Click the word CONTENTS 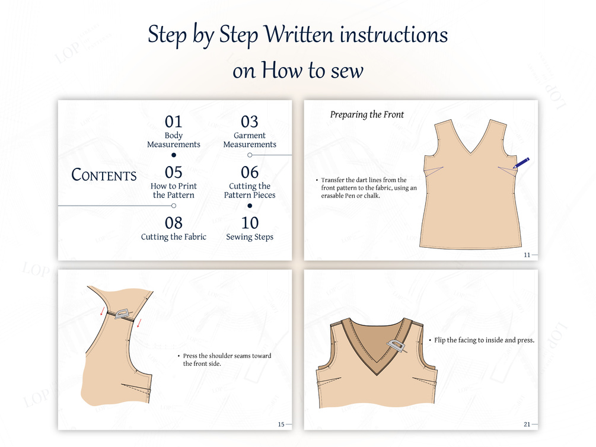click(x=104, y=175)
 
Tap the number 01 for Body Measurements click(x=173, y=122)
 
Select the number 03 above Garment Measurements click(x=249, y=122)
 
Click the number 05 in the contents click(x=173, y=173)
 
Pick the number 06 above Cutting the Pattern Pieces click(x=250, y=173)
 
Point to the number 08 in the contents click(x=174, y=223)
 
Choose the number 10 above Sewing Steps click(x=250, y=223)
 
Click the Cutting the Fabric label click(x=174, y=237)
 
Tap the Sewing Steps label click(x=250, y=237)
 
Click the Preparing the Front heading click(x=367, y=115)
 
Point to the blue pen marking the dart click(x=521, y=163)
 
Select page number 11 click(x=527, y=255)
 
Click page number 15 click(x=281, y=424)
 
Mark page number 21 click(x=527, y=424)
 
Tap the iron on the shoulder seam click(x=122, y=314)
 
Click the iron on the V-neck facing click(x=396, y=346)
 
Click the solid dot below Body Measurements click(x=174, y=155)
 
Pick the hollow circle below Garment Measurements click(x=250, y=155)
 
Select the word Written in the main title click(x=299, y=34)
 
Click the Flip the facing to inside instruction click(x=485, y=340)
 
